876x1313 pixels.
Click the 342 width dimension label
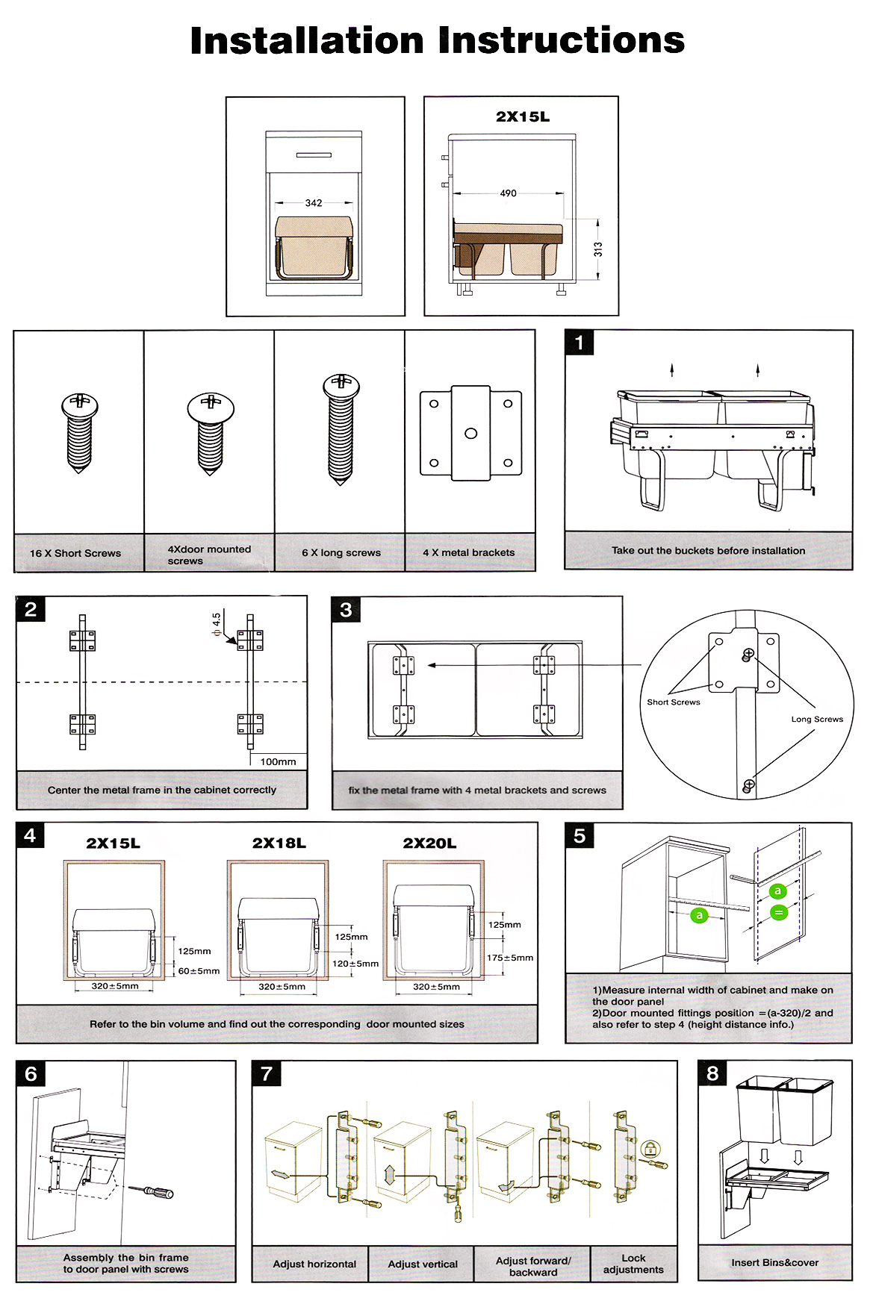point(314,202)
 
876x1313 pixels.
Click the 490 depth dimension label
point(508,193)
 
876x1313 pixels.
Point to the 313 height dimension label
point(598,250)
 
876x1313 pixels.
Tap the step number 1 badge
point(579,343)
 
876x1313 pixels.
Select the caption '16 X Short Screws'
point(75,553)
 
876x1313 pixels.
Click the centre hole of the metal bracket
point(471,433)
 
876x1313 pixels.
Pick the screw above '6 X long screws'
point(341,429)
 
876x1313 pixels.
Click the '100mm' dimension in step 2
point(278,761)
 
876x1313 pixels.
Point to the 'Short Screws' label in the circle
point(674,702)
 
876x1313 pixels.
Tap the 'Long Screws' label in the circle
point(817,719)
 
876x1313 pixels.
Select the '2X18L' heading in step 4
point(279,843)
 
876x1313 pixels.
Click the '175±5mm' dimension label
point(510,958)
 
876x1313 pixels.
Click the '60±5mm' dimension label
point(199,971)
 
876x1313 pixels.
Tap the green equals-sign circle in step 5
point(779,912)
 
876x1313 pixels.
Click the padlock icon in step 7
point(651,1149)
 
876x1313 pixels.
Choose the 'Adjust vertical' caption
point(423,1264)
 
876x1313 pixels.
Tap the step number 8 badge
point(712,1073)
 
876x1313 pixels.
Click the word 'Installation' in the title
point(307,40)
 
